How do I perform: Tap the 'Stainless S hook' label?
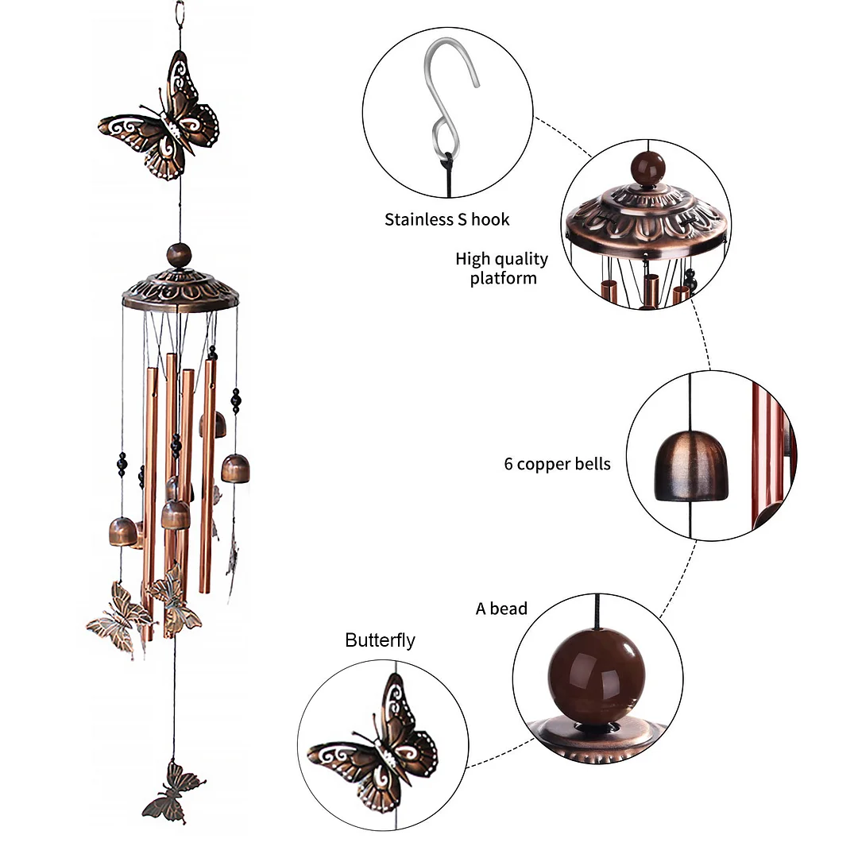click(447, 220)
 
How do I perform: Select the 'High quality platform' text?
click(502, 269)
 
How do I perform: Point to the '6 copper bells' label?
click(558, 464)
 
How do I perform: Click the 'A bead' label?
click(501, 609)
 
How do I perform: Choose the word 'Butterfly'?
click(380, 640)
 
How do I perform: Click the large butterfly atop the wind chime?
click(162, 119)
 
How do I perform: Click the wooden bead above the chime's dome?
click(179, 256)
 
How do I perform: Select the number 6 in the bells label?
click(508, 464)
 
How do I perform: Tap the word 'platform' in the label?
click(503, 279)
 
